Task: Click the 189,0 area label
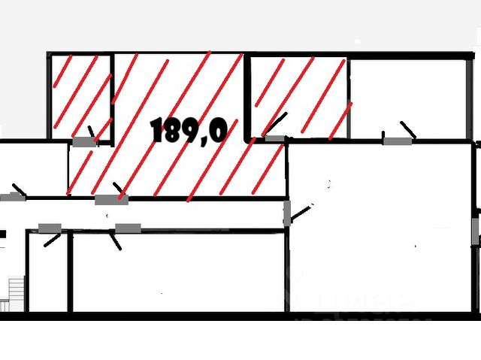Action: coord(189,131)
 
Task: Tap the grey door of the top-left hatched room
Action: coord(84,141)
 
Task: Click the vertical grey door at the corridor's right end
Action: coord(286,213)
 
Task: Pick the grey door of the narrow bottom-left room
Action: coord(50,228)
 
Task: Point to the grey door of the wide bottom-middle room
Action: coord(127,228)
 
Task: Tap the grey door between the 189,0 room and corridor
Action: coord(111,200)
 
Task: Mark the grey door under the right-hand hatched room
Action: coord(275,139)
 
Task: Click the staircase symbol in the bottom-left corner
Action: coord(14,292)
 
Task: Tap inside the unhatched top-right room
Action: coord(406,96)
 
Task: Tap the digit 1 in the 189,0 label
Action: coord(158,131)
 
